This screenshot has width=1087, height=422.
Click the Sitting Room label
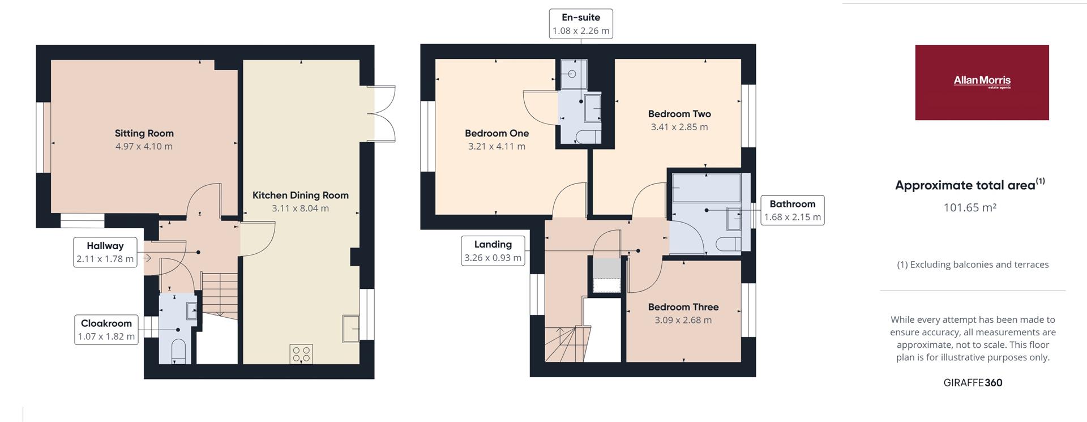click(144, 133)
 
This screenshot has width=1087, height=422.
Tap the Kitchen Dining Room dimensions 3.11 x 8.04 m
click(300, 208)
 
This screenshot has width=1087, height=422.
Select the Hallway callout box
click(105, 252)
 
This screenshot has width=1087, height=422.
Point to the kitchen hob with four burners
click(301, 354)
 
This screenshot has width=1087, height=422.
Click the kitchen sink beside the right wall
click(351, 328)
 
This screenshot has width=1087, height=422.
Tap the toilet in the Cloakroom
click(178, 351)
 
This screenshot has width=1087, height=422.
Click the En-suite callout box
click(581, 24)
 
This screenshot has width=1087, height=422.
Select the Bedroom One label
click(497, 133)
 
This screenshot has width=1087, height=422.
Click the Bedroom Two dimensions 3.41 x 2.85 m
click(679, 127)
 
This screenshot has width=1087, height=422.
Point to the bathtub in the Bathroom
click(706, 187)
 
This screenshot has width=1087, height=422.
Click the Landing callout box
click(493, 251)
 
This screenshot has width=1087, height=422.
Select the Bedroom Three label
click(683, 307)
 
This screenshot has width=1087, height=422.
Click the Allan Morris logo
click(982, 83)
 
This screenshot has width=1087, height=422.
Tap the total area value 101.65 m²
click(970, 207)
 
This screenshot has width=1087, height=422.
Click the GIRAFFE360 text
click(973, 383)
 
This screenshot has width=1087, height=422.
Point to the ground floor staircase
click(220, 295)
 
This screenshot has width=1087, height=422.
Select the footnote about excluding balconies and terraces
click(973, 265)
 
